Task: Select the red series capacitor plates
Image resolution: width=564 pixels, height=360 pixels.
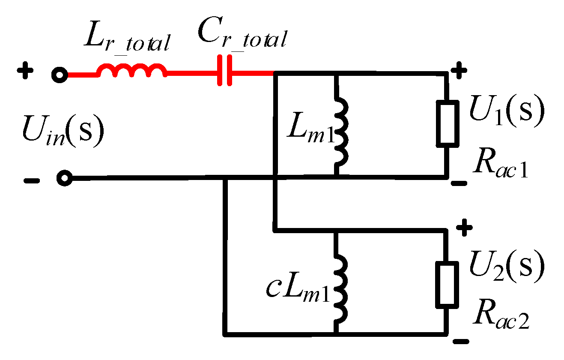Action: click(224, 70)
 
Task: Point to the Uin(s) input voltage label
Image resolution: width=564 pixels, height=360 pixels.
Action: click(63, 131)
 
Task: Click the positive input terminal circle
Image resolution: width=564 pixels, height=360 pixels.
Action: click(60, 75)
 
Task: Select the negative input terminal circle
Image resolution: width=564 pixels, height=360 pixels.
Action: click(65, 178)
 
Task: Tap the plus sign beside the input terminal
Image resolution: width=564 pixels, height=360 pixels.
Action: click(25, 70)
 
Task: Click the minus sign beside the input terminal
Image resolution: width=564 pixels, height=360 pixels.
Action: click(32, 180)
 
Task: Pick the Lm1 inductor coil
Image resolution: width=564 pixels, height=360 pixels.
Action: click(341, 132)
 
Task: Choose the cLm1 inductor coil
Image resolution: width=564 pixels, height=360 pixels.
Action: click(341, 289)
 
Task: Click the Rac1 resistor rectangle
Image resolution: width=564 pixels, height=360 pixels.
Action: click(448, 123)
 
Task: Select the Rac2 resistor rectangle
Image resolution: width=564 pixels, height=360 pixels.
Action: click(447, 285)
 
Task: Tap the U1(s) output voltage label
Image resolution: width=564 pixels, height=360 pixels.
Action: click(507, 111)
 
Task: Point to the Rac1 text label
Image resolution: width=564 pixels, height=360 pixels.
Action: click(500, 163)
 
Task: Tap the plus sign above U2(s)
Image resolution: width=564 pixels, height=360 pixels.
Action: click(465, 228)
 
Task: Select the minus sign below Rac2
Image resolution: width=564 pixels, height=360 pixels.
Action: click(461, 342)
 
